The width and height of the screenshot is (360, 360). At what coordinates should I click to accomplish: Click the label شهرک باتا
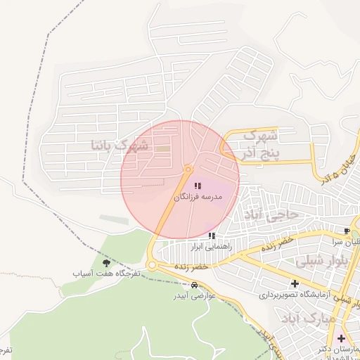click(120, 146)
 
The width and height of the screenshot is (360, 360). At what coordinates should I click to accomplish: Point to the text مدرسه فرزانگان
click(198, 198)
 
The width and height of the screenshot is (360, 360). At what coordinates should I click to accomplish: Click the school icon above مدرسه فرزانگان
click(196, 185)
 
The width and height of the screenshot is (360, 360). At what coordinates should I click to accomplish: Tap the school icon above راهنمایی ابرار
click(212, 236)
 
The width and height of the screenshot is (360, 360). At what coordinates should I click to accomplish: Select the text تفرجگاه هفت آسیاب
click(105, 273)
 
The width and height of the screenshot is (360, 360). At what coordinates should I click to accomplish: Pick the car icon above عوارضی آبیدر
click(193, 285)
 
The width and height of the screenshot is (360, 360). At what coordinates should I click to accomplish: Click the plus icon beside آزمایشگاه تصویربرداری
click(295, 284)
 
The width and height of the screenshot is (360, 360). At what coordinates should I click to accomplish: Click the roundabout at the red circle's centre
click(188, 169)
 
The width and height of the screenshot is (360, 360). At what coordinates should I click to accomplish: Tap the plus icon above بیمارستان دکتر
click(341, 338)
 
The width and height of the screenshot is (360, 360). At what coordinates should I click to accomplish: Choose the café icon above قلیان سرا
click(347, 231)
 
